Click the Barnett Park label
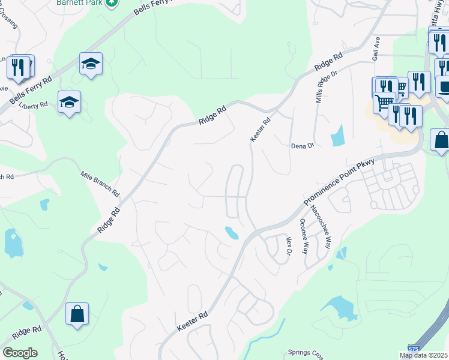[x=79, y=2]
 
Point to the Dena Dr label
[x=302, y=146]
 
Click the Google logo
[x=20, y=352]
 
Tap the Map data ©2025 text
[x=423, y=355]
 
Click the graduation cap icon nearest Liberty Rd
[x=69, y=103]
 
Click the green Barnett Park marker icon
[x=111, y=3]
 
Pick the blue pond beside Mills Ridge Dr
[x=337, y=136]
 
